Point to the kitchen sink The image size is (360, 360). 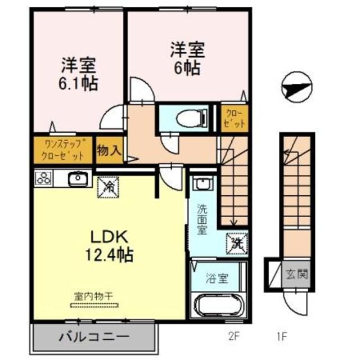[x=77, y=179]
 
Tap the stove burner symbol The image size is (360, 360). [x=44, y=179]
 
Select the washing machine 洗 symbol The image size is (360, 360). [x=236, y=243]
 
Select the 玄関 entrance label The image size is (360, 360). [x=298, y=275]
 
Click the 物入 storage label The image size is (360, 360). [x=109, y=150]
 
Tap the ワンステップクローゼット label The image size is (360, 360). [x=64, y=150]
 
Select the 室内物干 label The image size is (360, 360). [x=95, y=296]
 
